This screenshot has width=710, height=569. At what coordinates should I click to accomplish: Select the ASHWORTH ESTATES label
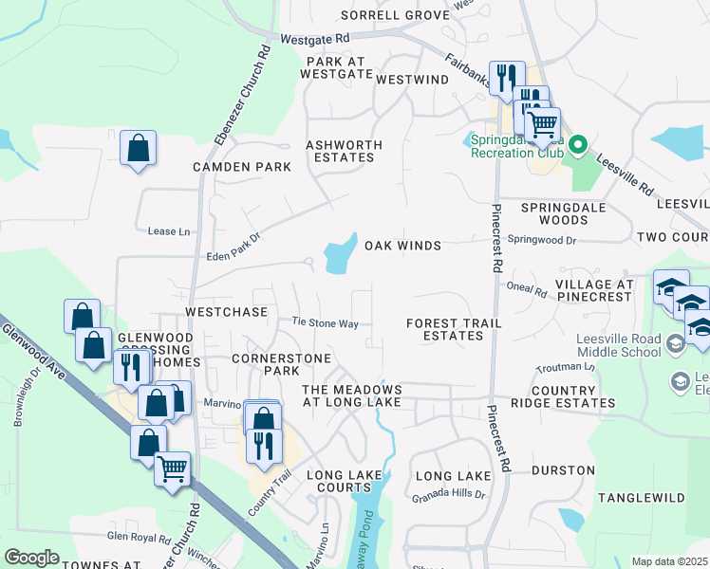pyautogui.click(x=344, y=152)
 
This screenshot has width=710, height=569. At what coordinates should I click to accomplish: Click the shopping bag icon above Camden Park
pyautogui.click(x=139, y=149)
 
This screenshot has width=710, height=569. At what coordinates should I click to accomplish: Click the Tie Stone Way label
pyautogui.click(x=325, y=323)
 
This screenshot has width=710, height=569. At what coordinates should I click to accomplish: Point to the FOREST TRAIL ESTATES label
pyautogui.click(x=453, y=329)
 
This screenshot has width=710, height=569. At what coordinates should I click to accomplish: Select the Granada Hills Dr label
pyautogui.click(x=448, y=495)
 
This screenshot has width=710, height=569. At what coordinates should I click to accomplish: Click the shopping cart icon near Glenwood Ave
pyautogui.click(x=172, y=468)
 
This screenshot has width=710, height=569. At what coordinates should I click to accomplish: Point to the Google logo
pyautogui.click(x=32, y=557)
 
